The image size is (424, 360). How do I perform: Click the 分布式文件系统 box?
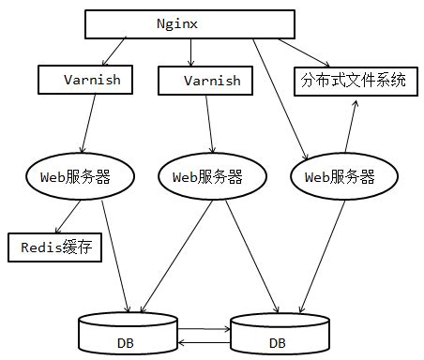pos(354,81)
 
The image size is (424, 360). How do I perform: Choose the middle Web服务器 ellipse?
pos(207,176)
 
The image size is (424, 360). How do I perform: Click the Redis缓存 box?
pos(54,247)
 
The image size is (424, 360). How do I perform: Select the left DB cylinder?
pos(127,334)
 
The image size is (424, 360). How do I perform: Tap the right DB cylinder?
pos(278,335)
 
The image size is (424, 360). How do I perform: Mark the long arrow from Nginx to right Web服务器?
pos(280,98)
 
